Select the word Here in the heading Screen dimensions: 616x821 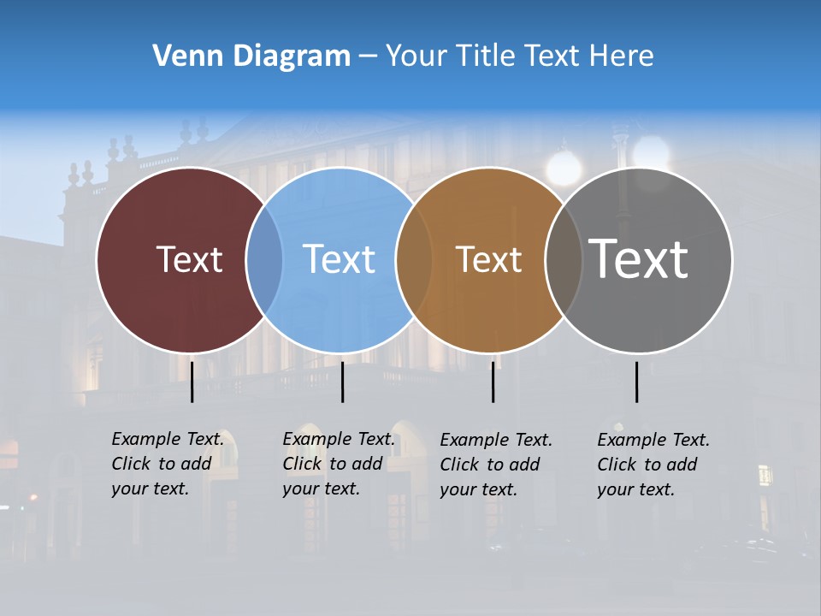(x=622, y=56)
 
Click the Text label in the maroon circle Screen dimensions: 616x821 (x=189, y=259)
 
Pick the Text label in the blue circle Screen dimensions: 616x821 (x=339, y=259)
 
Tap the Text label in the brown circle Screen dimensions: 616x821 (x=488, y=259)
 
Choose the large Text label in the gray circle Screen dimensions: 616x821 (x=638, y=258)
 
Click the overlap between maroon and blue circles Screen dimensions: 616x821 (x=264, y=260)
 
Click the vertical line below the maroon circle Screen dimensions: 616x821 (x=192, y=382)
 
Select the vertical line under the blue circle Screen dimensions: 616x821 (x=342, y=382)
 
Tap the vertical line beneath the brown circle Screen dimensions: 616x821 (x=493, y=382)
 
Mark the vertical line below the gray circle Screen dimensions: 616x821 (x=636, y=382)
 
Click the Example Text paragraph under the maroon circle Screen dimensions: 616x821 (x=168, y=464)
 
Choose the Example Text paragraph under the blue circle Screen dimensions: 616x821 (x=339, y=464)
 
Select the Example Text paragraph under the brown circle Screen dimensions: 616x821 (x=496, y=465)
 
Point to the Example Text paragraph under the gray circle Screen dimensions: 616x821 (x=653, y=465)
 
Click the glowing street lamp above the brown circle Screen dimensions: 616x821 (x=564, y=168)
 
